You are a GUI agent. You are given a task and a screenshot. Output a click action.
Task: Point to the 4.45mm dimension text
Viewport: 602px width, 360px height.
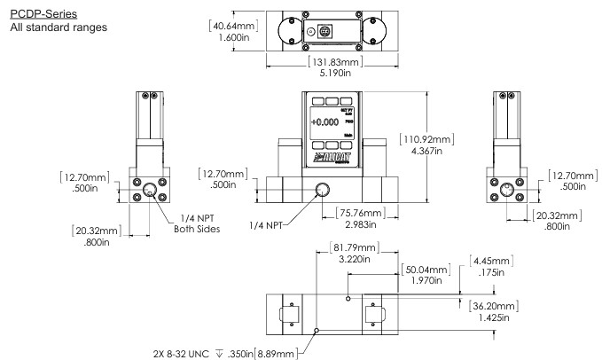pyautogui.click(x=494, y=262)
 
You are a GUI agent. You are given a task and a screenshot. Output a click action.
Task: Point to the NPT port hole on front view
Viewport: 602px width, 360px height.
pyautogui.click(x=323, y=189)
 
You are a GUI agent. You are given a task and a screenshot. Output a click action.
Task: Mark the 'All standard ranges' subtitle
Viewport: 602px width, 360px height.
pyautogui.click(x=56, y=28)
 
